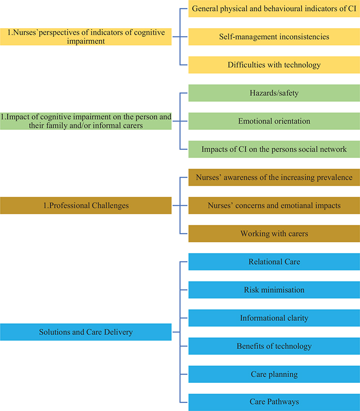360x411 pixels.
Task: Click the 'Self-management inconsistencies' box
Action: pyautogui.click(x=274, y=37)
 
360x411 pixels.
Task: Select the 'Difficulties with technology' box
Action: pyautogui.click(x=274, y=65)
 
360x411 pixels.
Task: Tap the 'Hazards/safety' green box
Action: pyautogui.click(x=274, y=93)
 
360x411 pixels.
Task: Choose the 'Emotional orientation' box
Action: pyautogui.click(x=274, y=121)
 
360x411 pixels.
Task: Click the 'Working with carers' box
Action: pyautogui.click(x=274, y=234)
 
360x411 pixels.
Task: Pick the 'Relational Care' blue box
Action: pyautogui.click(x=274, y=262)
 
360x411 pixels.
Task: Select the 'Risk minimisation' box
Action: pyautogui.click(x=274, y=290)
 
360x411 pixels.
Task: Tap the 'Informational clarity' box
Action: pyautogui.click(x=274, y=318)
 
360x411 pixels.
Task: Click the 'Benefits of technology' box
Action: pyautogui.click(x=274, y=346)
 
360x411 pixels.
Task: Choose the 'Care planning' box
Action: pyautogui.click(x=274, y=374)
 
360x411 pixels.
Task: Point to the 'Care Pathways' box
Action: pyautogui.click(x=274, y=402)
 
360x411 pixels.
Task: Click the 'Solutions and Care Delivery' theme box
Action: pyautogui.click(x=86, y=332)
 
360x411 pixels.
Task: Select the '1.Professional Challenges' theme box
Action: pyautogui.click(x=86, y=205)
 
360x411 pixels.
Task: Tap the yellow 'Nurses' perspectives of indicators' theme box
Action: pyautogui.click(x=86, y=37)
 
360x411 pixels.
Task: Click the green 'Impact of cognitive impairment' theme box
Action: pyautogui.click(x=86, y=121)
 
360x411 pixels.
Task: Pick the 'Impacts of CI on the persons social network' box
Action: pyautogui.click(x=274, y=149)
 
